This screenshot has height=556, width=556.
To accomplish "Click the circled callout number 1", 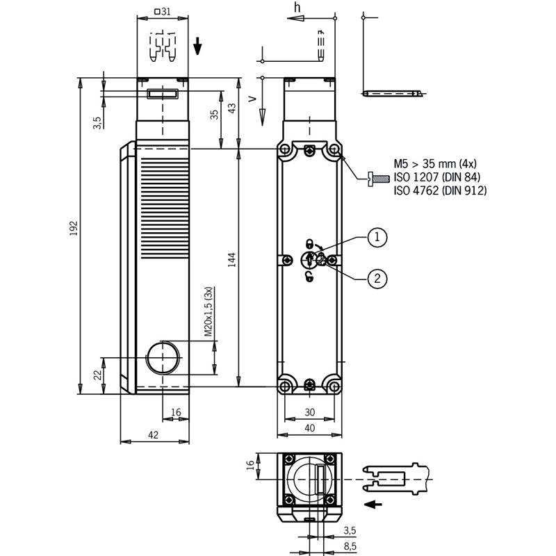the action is [x=377, y=237].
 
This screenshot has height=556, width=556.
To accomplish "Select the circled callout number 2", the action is [x=377, y=279].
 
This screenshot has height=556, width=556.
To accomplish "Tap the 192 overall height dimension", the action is [x=74, y=229].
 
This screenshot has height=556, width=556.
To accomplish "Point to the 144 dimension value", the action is [x=232, y=260].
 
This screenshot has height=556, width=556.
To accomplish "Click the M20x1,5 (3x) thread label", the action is [x=208, y=311].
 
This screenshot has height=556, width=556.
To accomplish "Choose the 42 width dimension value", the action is [x=153, y=435].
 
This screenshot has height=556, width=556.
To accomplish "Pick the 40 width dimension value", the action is [x=309, y=428].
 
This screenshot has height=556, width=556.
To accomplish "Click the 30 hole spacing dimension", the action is [x=309, y=412].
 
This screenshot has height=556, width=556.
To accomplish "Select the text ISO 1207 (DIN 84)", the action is [x=437, y=177].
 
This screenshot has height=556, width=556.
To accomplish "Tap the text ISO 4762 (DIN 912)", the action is [x=440, y=190].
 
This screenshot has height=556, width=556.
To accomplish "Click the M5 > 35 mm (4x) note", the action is [x=435, y=163].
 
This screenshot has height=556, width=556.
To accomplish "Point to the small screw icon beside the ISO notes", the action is [x=378, y=179].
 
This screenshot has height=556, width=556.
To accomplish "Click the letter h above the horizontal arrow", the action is [x=297, y=7].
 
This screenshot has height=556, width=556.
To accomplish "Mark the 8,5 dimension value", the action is [x=350, y=546].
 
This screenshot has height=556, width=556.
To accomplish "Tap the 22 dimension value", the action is [x=97, y=375].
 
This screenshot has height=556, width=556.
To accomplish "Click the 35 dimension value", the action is [x=214, y=115].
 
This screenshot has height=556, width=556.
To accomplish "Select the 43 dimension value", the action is [x=231, y=108].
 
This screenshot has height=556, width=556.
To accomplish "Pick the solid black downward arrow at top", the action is [x=197, y=46].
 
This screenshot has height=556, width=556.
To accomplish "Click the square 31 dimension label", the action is [x=163, y=12].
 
